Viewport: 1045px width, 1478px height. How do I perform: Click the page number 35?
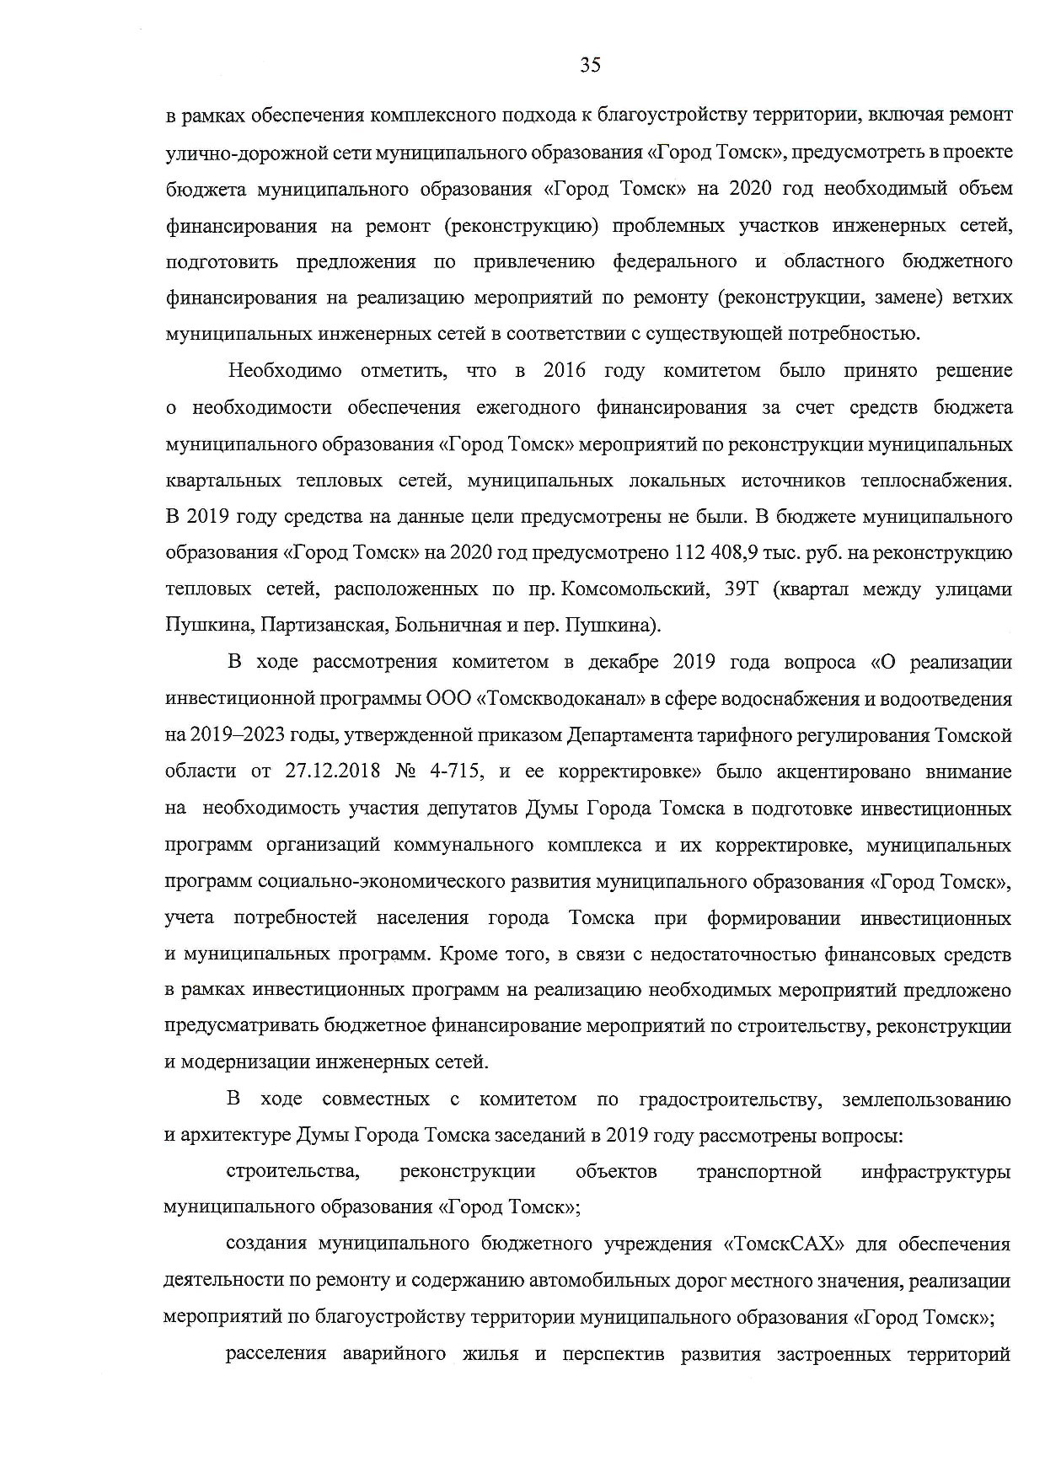point(590,65)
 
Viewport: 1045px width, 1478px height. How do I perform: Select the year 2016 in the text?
point(565,371)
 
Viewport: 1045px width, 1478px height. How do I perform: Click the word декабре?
point(610,662)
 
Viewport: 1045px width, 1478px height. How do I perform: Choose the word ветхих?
point(983,298)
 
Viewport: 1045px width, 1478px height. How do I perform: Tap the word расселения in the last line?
point(276,1355)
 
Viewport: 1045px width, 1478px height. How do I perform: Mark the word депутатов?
point(474,809)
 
